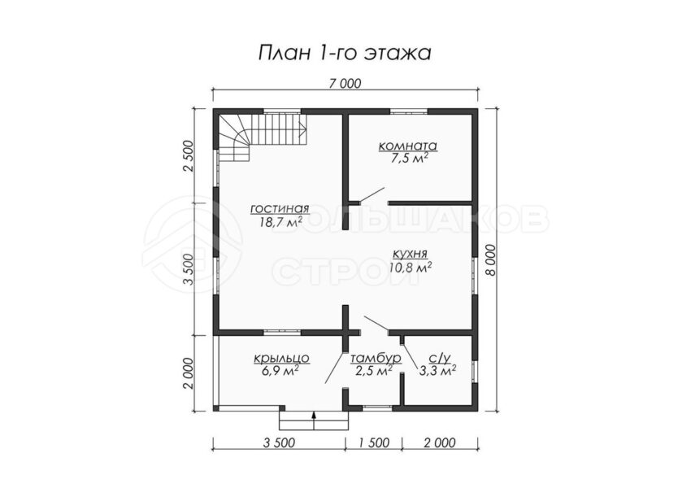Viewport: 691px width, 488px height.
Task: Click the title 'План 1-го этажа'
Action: click(x=345, y=54)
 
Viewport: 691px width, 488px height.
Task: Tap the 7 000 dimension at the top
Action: click(x=345, y=83)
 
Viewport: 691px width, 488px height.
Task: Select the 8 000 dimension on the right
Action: click(x=490, y=260)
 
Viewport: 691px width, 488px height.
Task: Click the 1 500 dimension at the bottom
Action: click(x=373, y=442)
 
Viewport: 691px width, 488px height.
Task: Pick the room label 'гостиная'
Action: click(x=280, y=208)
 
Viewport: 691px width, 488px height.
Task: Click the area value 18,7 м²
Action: click(x=280, y=222)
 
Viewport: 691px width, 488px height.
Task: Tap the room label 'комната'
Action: click(x=408, y=146)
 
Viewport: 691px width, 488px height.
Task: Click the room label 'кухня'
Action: click(x=410, y=254)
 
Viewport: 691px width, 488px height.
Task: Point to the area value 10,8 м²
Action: click(x=410, y=267)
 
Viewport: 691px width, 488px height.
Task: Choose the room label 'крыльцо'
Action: click(x=281, y=359)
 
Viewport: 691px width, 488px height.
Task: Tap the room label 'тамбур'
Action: click(x=376, y=359)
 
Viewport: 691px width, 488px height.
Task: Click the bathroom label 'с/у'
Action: click(x=437, y=358)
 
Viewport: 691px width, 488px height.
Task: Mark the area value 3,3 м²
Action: click(x=437, y=371)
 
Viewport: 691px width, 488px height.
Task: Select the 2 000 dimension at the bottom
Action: click(x=439, y=442)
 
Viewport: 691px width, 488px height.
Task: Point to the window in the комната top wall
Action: click(x=411, y=111)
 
